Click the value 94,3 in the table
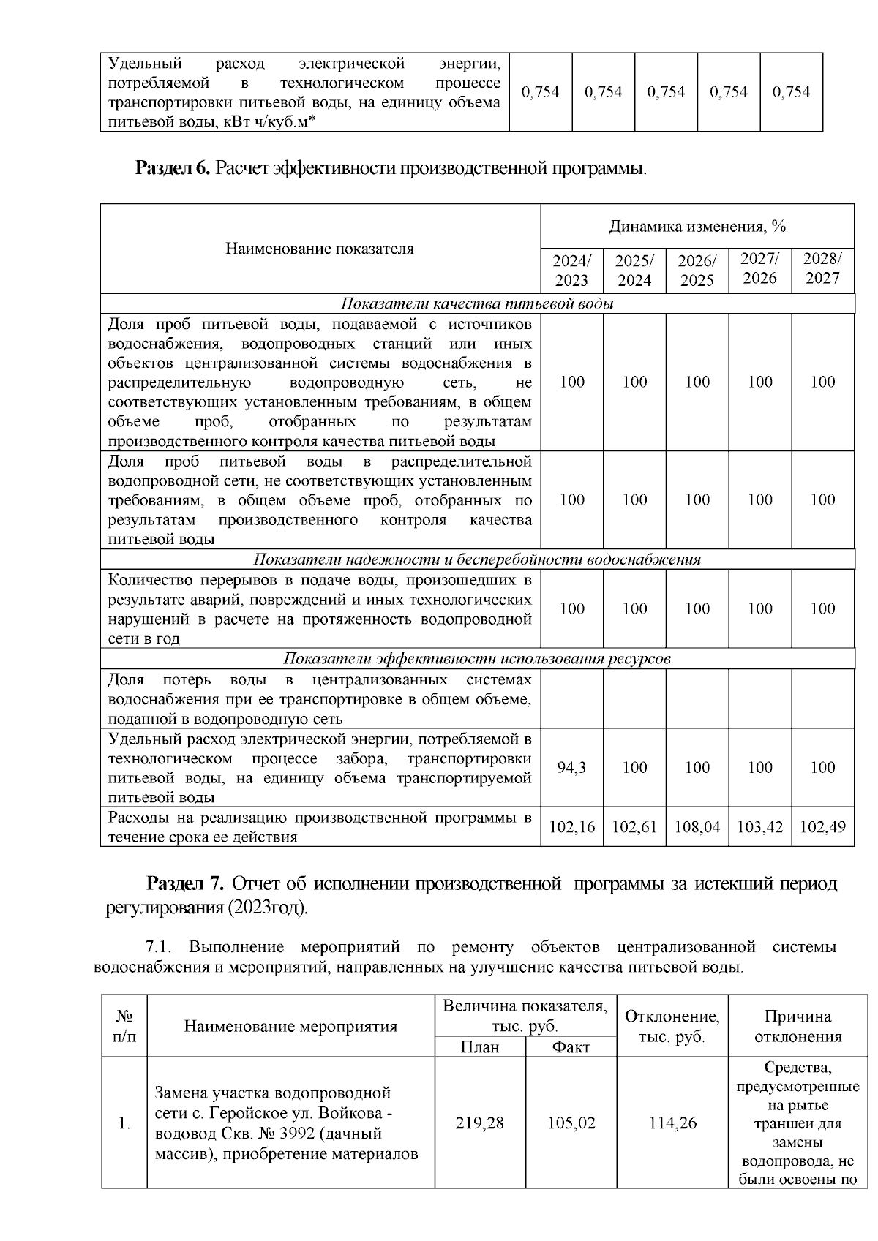click(x=571, y=767)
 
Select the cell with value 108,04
click(x=697, y=827)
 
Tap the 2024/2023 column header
click(x=571, y=270)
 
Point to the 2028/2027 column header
click(x=822, y=268)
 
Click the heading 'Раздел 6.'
click(x=173, y=169)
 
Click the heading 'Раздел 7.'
click(x=184, y=883)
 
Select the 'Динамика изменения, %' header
click(x=697, y=227)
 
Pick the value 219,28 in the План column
click(x=480, y=1123)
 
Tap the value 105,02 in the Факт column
click(x=571, y=1123)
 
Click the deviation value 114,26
click(x=672, y=1123)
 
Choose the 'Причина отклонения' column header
click(x=798, y=1026)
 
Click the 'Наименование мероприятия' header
click(x=290, y=1026)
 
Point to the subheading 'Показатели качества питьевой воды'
click(x=477, y=304)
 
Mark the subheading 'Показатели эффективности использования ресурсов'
click(x=477, y=659)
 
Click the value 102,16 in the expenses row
click(x=571, y=827)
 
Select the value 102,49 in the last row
click(x=822, y=827)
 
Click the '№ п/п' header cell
click(x=124, y=1026)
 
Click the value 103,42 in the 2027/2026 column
click(x=760, y=827)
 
